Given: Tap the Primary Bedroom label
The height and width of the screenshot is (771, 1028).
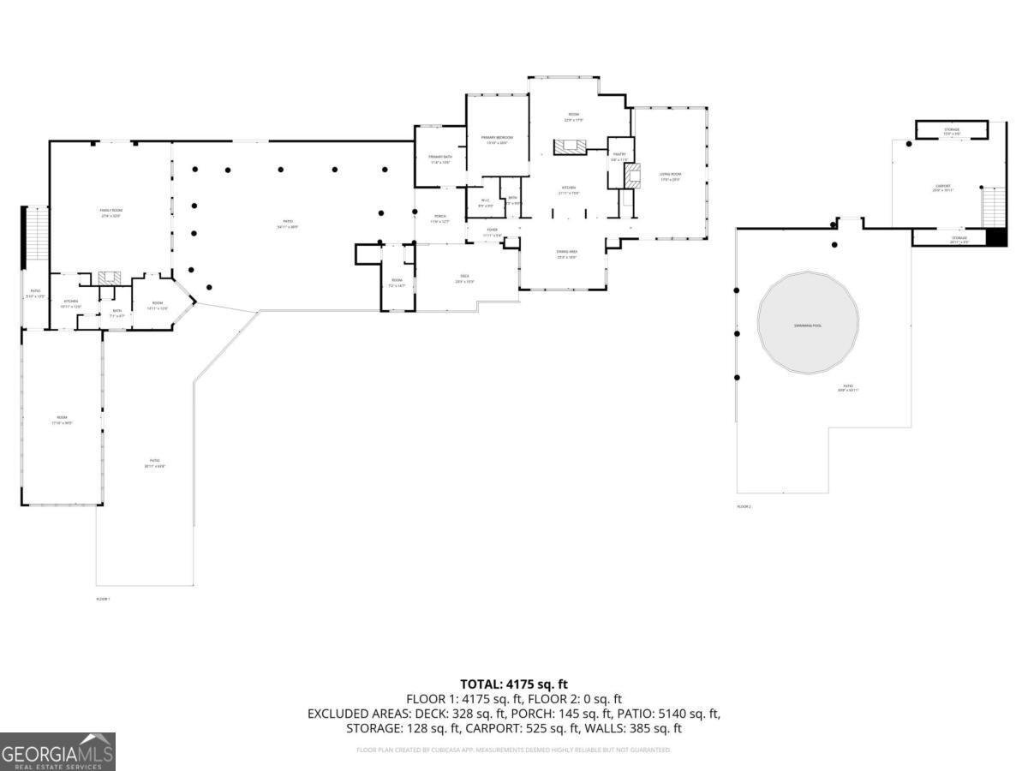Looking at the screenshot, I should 497,140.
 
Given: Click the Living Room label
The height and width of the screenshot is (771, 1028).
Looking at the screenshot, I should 670,176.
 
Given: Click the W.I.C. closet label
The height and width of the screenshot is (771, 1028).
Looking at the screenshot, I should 484,203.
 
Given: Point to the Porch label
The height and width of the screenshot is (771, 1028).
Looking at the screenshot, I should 439,218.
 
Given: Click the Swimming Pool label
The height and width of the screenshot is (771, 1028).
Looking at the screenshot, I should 807,326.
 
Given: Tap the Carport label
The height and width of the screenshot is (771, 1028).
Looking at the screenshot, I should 942,188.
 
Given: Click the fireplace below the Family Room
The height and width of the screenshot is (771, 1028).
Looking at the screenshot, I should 109,278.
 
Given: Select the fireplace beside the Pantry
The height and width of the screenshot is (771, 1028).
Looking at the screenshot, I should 633,176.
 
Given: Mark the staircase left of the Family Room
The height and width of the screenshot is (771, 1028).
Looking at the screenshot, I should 38,235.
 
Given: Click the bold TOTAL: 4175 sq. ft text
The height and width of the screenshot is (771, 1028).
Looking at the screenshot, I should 513,684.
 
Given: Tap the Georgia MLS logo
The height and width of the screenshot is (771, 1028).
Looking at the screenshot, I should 57,751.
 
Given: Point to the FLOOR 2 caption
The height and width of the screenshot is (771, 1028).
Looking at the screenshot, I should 744,506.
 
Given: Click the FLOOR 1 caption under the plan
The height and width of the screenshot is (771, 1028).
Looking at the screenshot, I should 103,598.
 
